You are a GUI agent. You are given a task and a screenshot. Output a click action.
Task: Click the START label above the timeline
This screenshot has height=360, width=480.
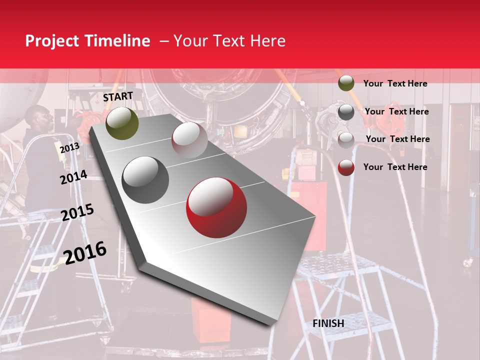(x=118, y=96)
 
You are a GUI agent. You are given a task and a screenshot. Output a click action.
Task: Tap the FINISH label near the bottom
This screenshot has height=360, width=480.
(x=328, y=323)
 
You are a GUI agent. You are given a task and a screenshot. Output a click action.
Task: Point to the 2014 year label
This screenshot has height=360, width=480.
(x=73, y=177)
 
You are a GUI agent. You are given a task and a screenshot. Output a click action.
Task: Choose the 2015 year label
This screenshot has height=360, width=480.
(x=77, y=212)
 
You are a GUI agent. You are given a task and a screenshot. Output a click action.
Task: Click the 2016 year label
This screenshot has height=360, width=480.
(x=85, y=253)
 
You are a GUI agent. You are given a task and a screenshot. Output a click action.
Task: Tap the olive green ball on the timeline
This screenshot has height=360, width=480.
(x=122, y=123)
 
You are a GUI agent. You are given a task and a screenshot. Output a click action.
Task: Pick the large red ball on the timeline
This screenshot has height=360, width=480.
(x=216, y=207)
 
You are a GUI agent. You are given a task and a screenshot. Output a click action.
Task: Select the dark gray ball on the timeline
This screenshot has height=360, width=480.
(x=145, y=179)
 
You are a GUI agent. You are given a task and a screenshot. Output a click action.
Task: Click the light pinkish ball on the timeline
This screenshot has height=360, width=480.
(x=189, y=139)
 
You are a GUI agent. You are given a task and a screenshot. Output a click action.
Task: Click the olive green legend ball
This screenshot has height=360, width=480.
(x=346, y=83)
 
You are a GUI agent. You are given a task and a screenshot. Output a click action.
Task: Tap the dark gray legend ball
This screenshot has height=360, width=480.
(x=346, y=112)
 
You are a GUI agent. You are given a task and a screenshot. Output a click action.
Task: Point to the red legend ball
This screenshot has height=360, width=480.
(x=346, y=167)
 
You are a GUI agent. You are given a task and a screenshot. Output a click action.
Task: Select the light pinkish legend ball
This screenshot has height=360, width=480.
(x=346, y=139)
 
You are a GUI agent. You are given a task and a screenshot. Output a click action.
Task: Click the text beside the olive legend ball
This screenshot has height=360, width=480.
(x=395, y=83)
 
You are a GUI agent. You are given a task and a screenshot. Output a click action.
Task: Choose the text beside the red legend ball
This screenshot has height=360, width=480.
(x=395, y=167)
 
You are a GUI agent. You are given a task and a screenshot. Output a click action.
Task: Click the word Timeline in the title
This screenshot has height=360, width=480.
(x=118, y=41)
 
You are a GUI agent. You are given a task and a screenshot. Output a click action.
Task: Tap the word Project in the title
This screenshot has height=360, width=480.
(x=52, y=41)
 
